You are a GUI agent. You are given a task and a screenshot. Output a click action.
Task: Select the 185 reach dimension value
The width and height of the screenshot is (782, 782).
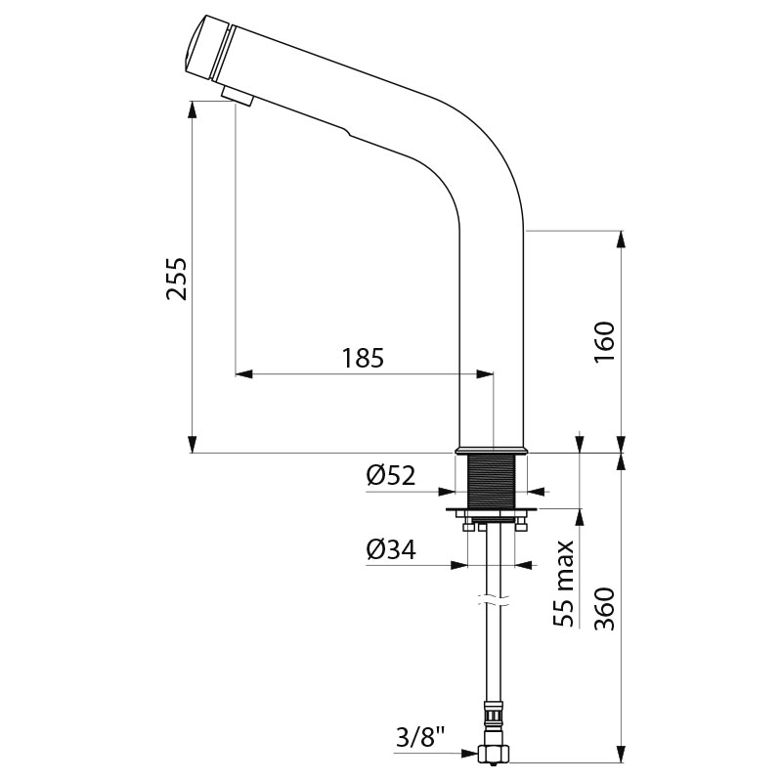[363, 358]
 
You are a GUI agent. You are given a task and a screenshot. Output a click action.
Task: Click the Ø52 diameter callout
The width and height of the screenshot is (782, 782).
[391, 476]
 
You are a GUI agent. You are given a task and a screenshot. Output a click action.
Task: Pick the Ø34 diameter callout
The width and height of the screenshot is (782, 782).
[391, 550]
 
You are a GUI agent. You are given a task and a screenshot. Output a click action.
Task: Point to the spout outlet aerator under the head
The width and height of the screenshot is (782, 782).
[237, 95]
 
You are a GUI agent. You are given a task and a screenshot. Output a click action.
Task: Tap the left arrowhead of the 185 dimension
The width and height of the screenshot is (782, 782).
[243, 373]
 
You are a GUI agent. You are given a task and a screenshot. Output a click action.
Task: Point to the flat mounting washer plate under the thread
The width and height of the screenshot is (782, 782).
[493, 514]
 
